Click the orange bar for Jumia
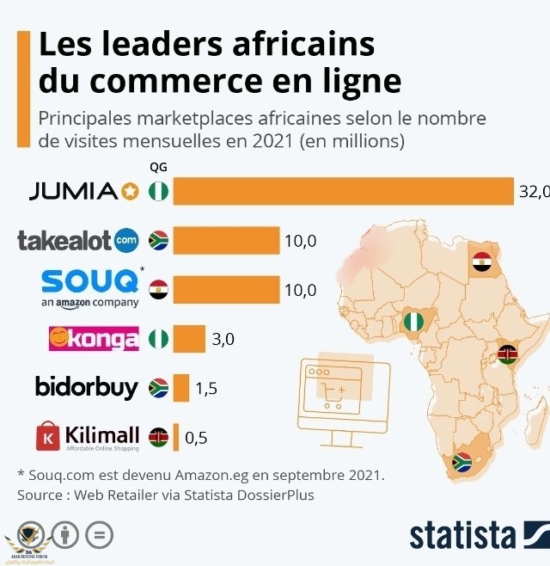343,191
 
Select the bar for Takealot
226,240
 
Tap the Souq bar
226,290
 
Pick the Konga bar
189,338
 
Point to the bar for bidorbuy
180,387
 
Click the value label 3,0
223,339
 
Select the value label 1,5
206,388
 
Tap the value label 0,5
196,437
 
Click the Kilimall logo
87,436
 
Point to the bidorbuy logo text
86,387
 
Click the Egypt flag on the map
481,261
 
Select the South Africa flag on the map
462,462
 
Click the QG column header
158,168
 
